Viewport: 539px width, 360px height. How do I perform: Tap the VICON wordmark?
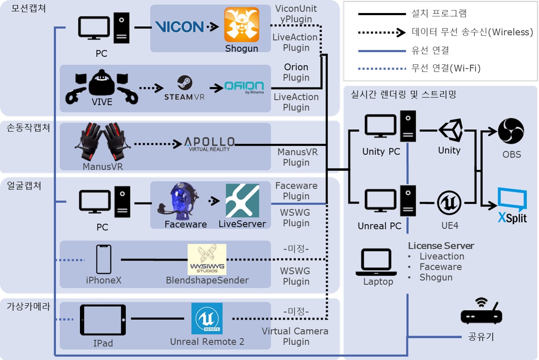179,27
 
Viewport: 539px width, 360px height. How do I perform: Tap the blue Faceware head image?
180,202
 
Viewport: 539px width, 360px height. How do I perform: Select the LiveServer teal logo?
242,200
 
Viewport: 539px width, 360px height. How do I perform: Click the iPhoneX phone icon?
103,260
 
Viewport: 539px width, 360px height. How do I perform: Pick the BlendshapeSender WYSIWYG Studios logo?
207,259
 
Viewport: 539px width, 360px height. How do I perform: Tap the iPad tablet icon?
103,320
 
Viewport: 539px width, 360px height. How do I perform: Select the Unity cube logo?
450,130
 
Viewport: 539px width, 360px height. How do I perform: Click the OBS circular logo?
511,131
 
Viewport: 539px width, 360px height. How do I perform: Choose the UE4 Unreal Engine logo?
450,203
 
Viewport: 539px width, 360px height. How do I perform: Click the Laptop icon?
377,261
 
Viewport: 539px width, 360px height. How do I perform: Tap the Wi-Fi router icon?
481,313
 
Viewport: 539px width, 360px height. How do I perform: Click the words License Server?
441,246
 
